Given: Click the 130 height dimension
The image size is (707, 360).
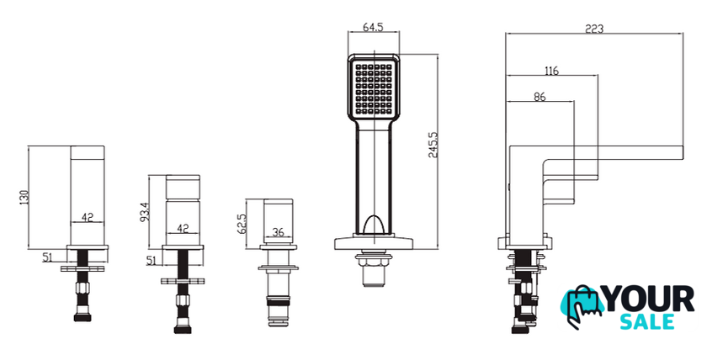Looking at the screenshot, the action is pyautogui.click(x=24, y=197).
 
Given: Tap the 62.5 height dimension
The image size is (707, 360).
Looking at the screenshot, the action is pyautogui.click(x=242, y=223).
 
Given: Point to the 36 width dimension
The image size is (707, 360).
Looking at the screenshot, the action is pyautogui.click(x=279, y=232).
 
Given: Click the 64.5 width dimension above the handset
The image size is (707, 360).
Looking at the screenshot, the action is pyautogui.click(x=373, y=27).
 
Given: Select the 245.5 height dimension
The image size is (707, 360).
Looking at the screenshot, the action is pyautogui.click(x=433, y=145).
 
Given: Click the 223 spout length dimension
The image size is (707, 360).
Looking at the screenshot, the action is pyautogui.click(x=594, y=29).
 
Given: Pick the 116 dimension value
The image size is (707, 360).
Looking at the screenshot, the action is pyautogui.click(x=551, y=71).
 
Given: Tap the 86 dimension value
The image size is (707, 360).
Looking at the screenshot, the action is pyautogui.click(x=540, y=97).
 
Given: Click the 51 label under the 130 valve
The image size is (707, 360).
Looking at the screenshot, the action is pyautogui.click(x=48, y=257).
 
